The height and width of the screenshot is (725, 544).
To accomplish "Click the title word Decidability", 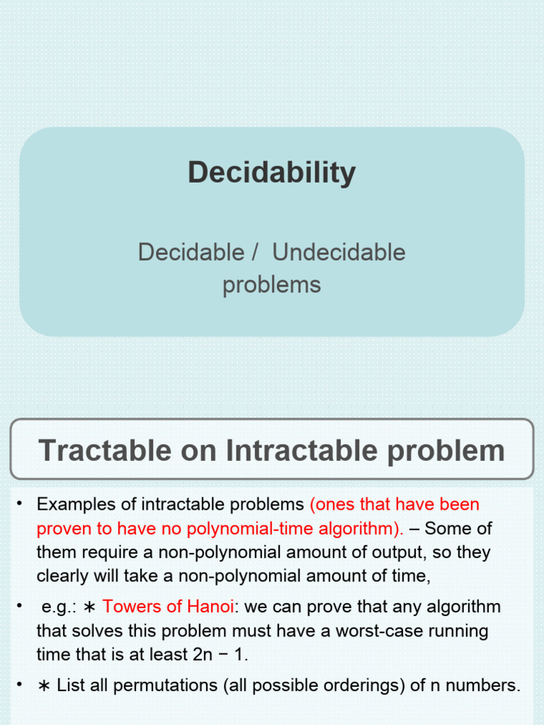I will coord(272,173).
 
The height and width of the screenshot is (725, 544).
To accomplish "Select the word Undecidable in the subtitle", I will coord(339,252).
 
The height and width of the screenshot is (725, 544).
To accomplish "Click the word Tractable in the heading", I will coord(105,450).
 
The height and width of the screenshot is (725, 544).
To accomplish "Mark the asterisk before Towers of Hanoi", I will coord(90,607).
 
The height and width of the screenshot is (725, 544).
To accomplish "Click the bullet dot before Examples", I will coord(21,504).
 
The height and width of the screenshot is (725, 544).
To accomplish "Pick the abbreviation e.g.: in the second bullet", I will coord(58,607).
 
